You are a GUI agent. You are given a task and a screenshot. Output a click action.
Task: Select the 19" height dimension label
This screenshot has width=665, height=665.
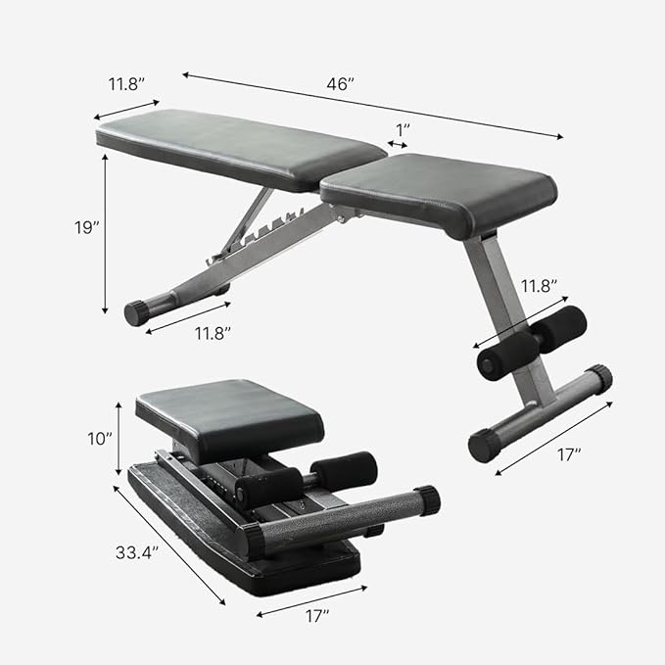point(87,227)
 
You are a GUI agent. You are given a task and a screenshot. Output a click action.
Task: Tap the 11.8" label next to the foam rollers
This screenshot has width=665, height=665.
point(538,286)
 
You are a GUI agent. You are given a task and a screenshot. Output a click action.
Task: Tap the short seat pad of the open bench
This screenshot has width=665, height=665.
point(440,192)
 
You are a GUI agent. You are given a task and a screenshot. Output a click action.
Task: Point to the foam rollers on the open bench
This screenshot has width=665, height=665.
point(534,343)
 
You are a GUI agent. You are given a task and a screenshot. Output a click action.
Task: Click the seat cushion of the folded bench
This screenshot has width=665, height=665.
point(230,411)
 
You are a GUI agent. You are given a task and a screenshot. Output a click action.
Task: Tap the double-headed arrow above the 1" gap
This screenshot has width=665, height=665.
point(399,145)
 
